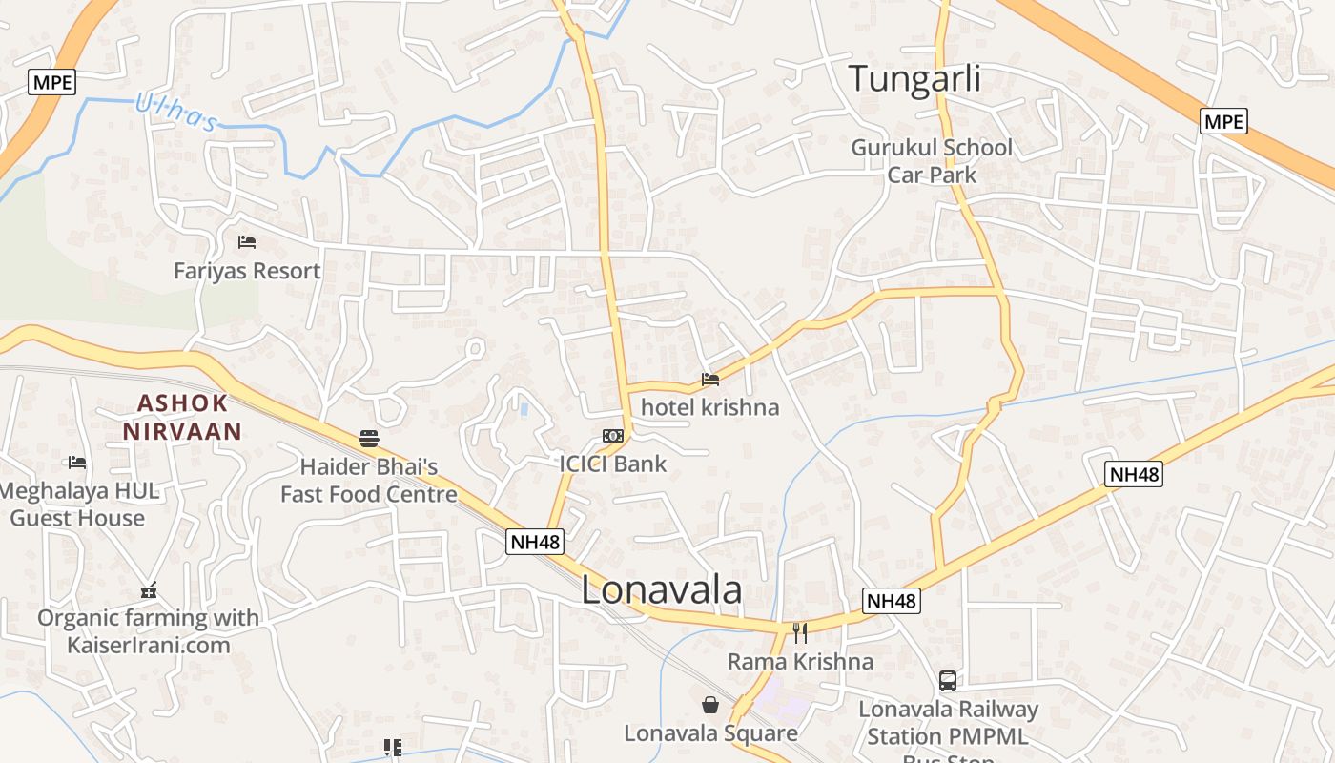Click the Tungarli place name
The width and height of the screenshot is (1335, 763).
(914, 78)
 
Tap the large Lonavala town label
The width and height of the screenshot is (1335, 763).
(661, 590)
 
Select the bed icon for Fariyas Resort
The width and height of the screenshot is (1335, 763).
(247, 241)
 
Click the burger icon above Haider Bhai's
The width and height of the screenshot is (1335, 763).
(369, 439)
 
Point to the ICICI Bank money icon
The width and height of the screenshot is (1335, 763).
(613, 436)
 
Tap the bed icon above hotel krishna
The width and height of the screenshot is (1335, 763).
(709, 380)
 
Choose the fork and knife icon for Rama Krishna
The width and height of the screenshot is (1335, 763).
(800, 632)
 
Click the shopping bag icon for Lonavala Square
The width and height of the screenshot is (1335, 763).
(710, 705)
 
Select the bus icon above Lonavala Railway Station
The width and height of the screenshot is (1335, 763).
(948, 681)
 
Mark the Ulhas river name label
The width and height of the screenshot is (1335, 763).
(176, 111)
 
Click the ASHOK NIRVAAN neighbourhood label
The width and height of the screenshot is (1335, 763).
(182, 417)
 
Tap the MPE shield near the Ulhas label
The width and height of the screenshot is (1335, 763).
(51, 82)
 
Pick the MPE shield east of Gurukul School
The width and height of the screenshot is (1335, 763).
(1223, 121)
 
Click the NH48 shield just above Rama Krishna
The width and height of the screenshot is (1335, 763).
(892, 601)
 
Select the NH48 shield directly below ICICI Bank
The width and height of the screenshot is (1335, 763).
(536, 543)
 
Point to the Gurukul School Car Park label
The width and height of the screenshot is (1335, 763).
(932, 161)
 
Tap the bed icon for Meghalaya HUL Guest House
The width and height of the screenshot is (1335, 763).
(77, 463)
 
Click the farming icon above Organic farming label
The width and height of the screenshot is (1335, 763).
(148, 590)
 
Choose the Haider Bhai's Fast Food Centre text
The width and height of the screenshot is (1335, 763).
(369, 481)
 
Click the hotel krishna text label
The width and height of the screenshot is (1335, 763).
(709, 407)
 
